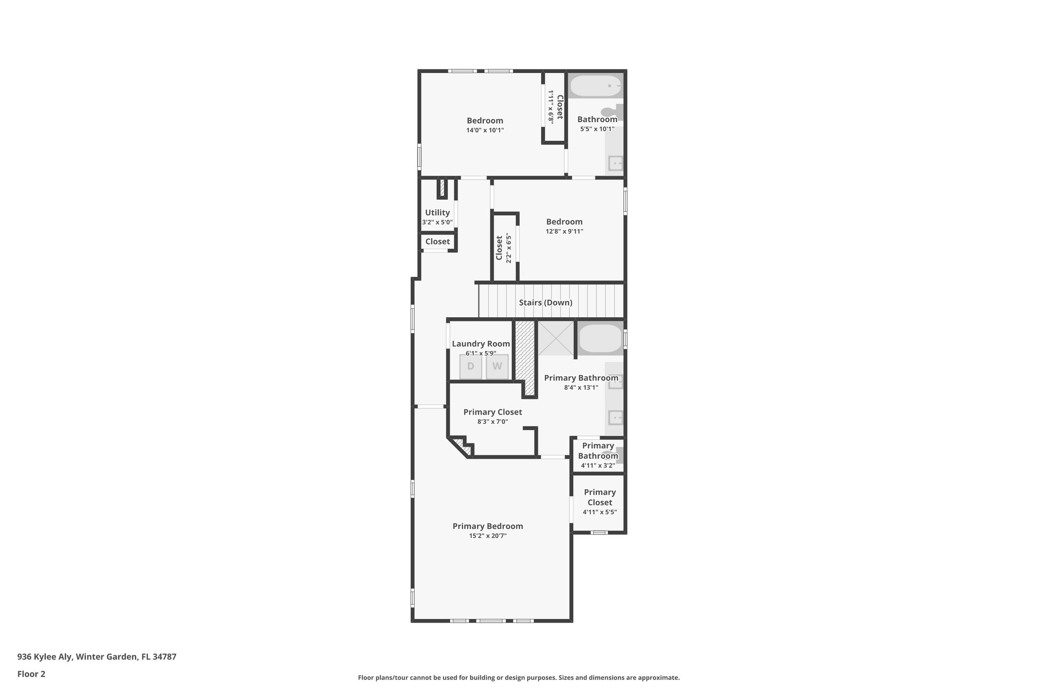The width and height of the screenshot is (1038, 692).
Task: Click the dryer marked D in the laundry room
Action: pyautogui.click(x=470, y=366)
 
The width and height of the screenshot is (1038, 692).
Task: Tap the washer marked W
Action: pyautogui.click(x=497, y=366)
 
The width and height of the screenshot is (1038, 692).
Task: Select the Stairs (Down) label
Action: pyautogui.click(x=545, y=303)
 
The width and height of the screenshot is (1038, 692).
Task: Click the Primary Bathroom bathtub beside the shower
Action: pyautogui.click(x=600, y=339)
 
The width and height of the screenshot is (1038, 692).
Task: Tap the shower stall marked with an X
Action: pyautogui.click(x=555, y=338)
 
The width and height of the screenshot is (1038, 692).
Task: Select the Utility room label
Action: pyautogui.click(x=437, y=212)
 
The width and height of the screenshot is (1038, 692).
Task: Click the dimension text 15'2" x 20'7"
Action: pyautogui.click(x=488, y=536)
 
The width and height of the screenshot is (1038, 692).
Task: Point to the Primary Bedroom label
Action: pyautogui.click(x=488, y=526)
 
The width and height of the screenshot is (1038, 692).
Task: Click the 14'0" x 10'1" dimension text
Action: pyautogui.click(x=485, y=130)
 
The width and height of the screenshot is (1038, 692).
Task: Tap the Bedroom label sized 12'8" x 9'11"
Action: pyautogui.click(x=564, y=222)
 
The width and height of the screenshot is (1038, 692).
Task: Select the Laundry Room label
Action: pyautogui.click(x=480, y=344)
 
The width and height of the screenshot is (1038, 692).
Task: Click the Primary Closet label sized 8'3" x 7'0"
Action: pyautogui.click(x=492, y=412)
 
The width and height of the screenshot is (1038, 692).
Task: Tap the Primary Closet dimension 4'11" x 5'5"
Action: pyautogui.click(x=600, y=512)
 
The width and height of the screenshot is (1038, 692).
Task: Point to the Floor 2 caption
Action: pyautogui.click(x=31, y=674)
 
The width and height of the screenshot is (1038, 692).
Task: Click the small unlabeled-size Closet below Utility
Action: pyautogui.click(x=437, y=242)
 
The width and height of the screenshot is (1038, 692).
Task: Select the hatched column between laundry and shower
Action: pyautogui.click(x=525, y=355)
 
